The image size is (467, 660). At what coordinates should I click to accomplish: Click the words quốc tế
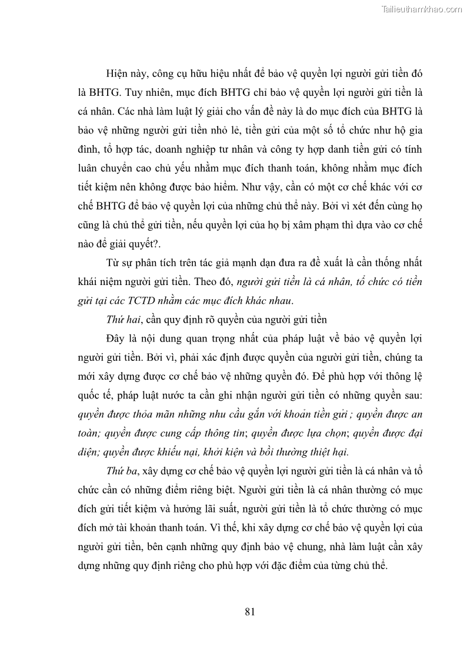(91, 395)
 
